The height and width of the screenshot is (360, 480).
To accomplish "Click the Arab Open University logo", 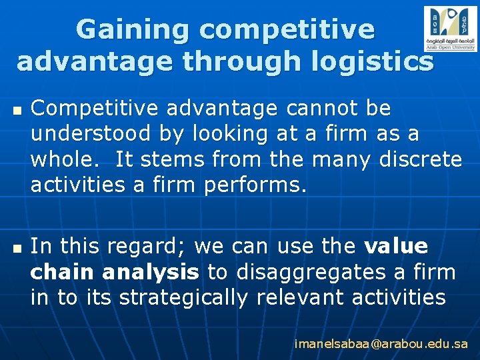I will coord(450,29).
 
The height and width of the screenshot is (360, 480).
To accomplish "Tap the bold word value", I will coord(396,247).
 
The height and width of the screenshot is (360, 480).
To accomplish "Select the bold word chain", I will coord(62,272).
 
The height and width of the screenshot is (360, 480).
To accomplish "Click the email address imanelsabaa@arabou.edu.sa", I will coord(381,344).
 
